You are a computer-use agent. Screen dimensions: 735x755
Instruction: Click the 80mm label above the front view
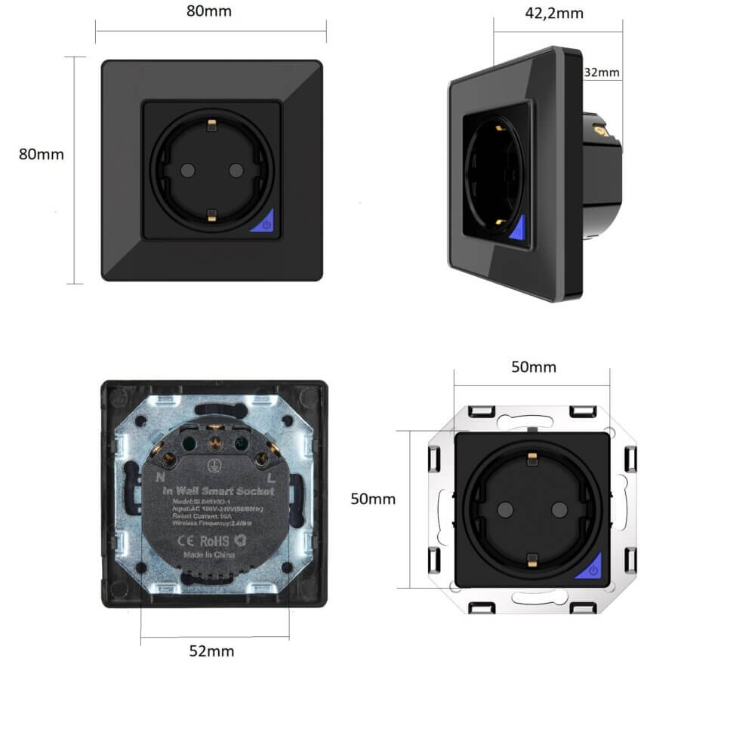click(x=210, y=11)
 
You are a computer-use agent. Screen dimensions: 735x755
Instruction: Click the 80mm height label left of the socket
click(x=42, y=154)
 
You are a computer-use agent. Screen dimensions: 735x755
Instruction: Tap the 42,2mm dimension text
click(x=553, y=13)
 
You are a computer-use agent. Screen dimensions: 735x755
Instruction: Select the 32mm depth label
click(x=602, y=73)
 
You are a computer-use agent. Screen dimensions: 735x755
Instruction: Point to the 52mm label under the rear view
click(x=211, y=651)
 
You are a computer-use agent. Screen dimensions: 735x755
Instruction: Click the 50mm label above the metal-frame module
click(x=534, y=367)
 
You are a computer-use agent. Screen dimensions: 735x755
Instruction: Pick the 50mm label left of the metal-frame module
click(x=373, y=500)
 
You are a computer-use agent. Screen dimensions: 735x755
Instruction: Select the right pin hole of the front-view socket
click(x=235, y=170)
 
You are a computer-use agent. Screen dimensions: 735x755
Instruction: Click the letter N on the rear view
click(x=160, y=477)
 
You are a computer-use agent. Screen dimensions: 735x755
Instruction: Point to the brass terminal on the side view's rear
click(x=602, y=130)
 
